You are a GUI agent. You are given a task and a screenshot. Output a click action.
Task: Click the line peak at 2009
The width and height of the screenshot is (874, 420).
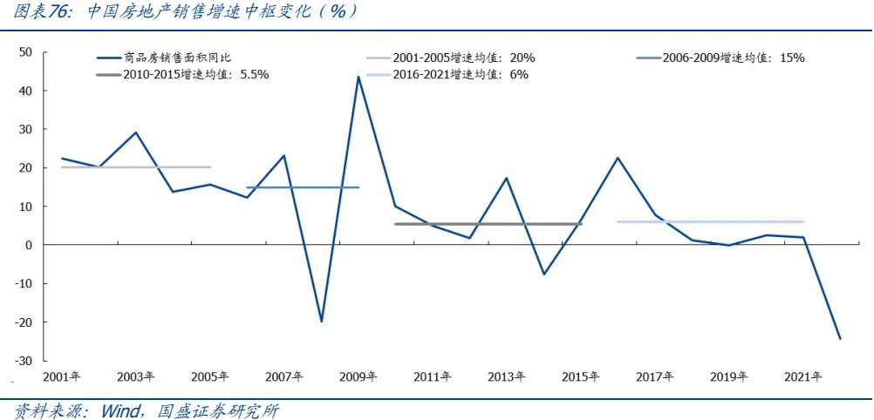[x=358, y=77]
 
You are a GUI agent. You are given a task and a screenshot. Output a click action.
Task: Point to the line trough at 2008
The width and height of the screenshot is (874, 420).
[x=321, y=322]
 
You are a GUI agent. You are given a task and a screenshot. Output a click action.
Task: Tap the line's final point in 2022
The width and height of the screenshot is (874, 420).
[x=839, y=339]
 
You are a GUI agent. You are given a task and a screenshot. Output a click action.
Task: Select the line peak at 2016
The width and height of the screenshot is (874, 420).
[x=618, y=158]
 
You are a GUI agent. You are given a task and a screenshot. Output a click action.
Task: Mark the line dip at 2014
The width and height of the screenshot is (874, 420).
[x=543, y=274]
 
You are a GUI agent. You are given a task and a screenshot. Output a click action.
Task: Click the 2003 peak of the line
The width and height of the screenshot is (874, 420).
[x=136, y=132]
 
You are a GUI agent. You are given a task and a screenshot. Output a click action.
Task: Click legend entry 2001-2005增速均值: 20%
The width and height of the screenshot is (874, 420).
[x=463, y=58]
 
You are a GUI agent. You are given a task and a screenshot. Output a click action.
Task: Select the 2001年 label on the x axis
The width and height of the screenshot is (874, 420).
[x=62, y=377]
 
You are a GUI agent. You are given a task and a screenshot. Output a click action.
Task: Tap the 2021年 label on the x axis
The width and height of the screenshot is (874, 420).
[x=802, y=377]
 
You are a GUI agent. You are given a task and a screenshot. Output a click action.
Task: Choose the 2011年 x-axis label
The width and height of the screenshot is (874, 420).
[x=433, y=377]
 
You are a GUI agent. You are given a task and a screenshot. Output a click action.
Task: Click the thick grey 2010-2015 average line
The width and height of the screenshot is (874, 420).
[x=488, y=224]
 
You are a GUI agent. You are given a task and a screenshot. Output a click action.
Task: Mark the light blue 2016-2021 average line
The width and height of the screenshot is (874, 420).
[x=711, y=222]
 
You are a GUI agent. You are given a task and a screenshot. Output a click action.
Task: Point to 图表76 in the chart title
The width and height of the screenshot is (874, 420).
[x=42, y=12]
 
